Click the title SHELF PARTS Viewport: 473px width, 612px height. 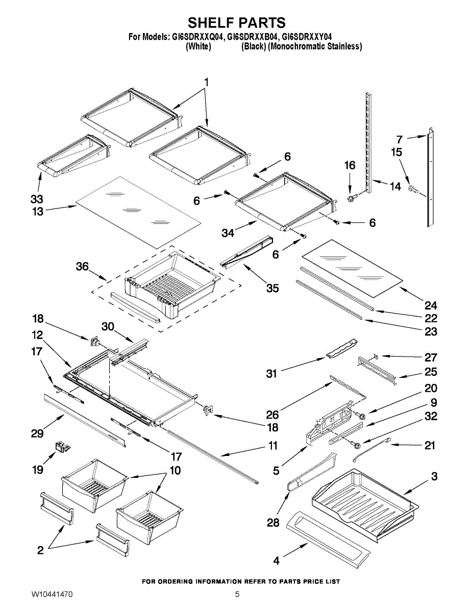click(236, 22)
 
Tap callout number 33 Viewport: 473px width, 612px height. click(37, 199)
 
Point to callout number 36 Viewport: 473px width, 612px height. click(82, 266)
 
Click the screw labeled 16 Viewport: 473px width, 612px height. click(353, 198)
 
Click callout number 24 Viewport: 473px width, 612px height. click(431, 305)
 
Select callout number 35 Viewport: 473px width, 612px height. click(272, 288)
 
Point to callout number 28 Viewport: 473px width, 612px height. click(273, 523)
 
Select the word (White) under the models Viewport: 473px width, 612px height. click(198, 46)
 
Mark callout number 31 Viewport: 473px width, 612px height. click(271, 374)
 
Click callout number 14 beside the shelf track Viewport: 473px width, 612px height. click(395, 186)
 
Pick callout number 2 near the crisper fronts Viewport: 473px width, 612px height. click(41, 550)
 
